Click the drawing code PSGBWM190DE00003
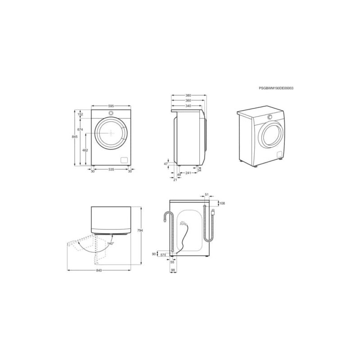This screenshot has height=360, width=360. pyautogui.click(x=276, y=88)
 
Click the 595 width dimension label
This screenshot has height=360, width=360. pyautogui.click(x=111, y=106)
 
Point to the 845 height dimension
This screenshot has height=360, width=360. pyautogui.click(x=75, y=137)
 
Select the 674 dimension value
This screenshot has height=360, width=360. pyautogui.click(x=80, y=130)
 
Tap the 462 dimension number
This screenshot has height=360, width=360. pyautogui.click(x=85, y=150)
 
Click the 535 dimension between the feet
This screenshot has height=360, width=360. pyautogui.click(x=111, y=170)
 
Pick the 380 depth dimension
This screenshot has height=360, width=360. pyautogui.click(x=188, y=95)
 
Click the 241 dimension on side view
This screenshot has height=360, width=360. pyautogui.click(x=188, y=173)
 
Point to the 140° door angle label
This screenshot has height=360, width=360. pyautogui.click(x=111, y=243)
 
